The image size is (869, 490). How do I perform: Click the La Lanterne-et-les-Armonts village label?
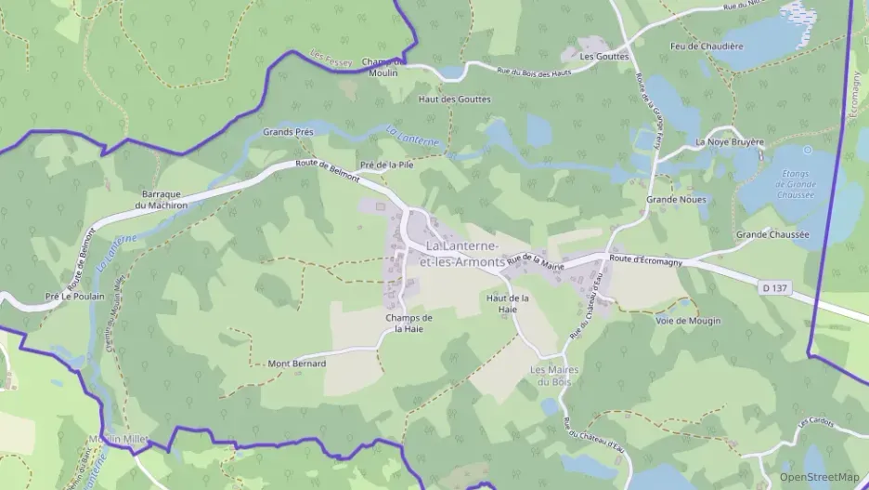pos(461,253)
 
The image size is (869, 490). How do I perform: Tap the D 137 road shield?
pos(774,288)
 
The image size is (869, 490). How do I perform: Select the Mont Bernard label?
pos(297,364)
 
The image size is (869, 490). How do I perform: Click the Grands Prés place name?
pos(288,132)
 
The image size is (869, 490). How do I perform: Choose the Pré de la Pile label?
pos(386,164)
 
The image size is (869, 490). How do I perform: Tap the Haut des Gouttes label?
pos(454,99)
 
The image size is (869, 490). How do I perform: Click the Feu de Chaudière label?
pos(707,46)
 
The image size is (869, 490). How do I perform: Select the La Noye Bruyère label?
pos(730,142)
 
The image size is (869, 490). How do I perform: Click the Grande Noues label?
pos(676,199)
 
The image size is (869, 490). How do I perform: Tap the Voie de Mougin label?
pos(688,321)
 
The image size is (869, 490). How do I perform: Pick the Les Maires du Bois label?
pos(553,375)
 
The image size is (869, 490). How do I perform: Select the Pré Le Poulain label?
pos(74,297)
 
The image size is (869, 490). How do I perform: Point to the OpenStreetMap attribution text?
pos(819,477)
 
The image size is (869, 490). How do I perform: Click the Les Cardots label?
pos(817,422)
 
